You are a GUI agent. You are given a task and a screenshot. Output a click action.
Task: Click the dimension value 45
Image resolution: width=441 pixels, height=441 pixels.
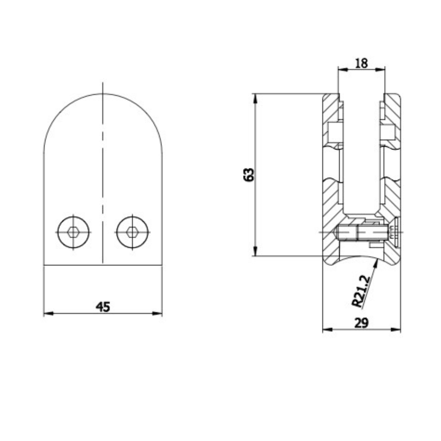coord(103,306)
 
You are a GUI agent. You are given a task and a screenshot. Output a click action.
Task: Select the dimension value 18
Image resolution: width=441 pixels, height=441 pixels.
coord(361,63)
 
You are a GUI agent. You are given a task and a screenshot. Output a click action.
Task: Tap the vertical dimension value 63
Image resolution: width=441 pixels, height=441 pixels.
coord(249,175)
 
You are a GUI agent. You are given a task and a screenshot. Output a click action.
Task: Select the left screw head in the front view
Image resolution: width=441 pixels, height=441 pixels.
coord(73,232)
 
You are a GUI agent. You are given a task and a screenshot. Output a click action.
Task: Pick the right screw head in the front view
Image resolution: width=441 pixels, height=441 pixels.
coord(132,232)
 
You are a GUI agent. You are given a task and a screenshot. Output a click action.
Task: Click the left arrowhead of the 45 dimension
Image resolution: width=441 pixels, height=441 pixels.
coord(48,314)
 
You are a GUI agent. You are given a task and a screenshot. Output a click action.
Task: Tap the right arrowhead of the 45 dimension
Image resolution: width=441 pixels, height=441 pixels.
coord(158,314)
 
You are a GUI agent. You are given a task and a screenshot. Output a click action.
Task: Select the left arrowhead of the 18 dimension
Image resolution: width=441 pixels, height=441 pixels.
coord(342,69)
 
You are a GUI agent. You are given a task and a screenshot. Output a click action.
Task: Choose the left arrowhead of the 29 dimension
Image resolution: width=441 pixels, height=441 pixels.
coord(327,329)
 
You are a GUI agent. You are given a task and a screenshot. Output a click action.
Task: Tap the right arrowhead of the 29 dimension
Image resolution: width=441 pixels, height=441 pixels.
coord(396,329)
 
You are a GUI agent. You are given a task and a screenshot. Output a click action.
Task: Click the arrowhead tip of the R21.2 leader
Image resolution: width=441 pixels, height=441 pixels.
coord(377,261)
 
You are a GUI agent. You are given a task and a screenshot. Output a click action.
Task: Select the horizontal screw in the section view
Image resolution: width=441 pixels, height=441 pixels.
coord(362,232)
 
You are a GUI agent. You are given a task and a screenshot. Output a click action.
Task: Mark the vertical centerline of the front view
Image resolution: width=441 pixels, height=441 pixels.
coord(102,176)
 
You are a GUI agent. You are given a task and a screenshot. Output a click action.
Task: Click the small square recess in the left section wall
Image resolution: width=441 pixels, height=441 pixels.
coord(334,131)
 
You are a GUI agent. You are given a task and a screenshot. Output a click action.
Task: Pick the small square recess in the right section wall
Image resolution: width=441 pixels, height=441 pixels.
coord(389,131)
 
